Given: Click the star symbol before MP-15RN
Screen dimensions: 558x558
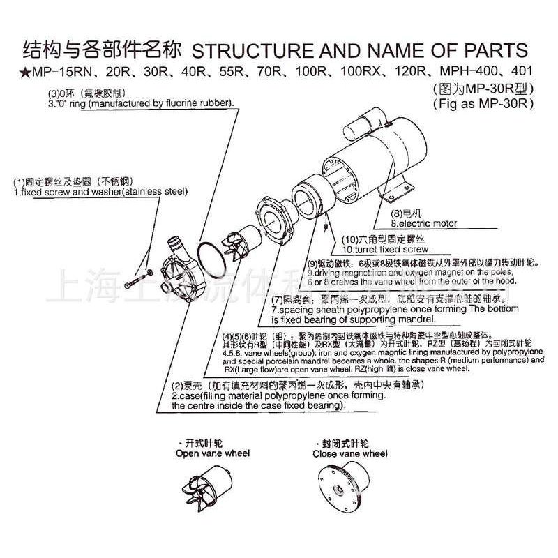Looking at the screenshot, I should (x=26, y=72).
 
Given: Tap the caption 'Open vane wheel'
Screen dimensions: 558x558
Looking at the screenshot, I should (x=212, y=453).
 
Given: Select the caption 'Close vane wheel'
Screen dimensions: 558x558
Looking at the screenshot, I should (x=349, y=453).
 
